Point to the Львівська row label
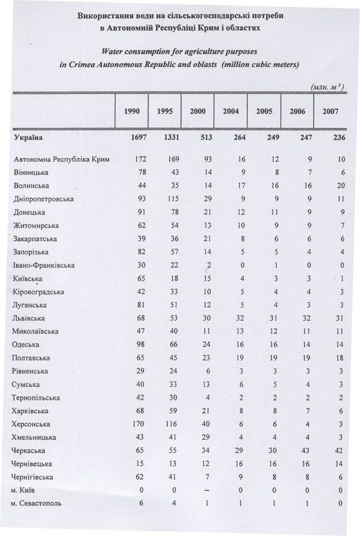(x=29, y=318)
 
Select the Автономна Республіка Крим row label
(x=61, y=158)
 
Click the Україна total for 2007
(x=331, y=138)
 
